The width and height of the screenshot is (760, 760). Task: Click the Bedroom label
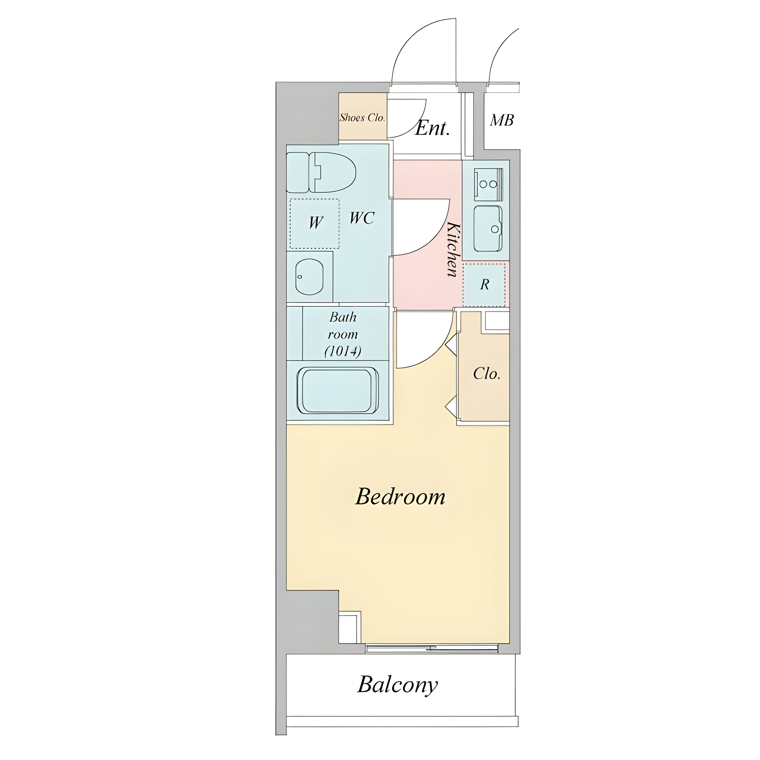400,497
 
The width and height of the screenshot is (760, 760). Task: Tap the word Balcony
398,685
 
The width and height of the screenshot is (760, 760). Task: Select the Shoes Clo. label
362,117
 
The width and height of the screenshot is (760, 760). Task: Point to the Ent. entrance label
432,128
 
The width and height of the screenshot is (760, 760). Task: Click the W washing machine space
315,223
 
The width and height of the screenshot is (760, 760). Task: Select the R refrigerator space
484,285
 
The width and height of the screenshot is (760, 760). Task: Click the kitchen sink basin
488,228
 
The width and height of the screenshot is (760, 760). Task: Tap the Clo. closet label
487,373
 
